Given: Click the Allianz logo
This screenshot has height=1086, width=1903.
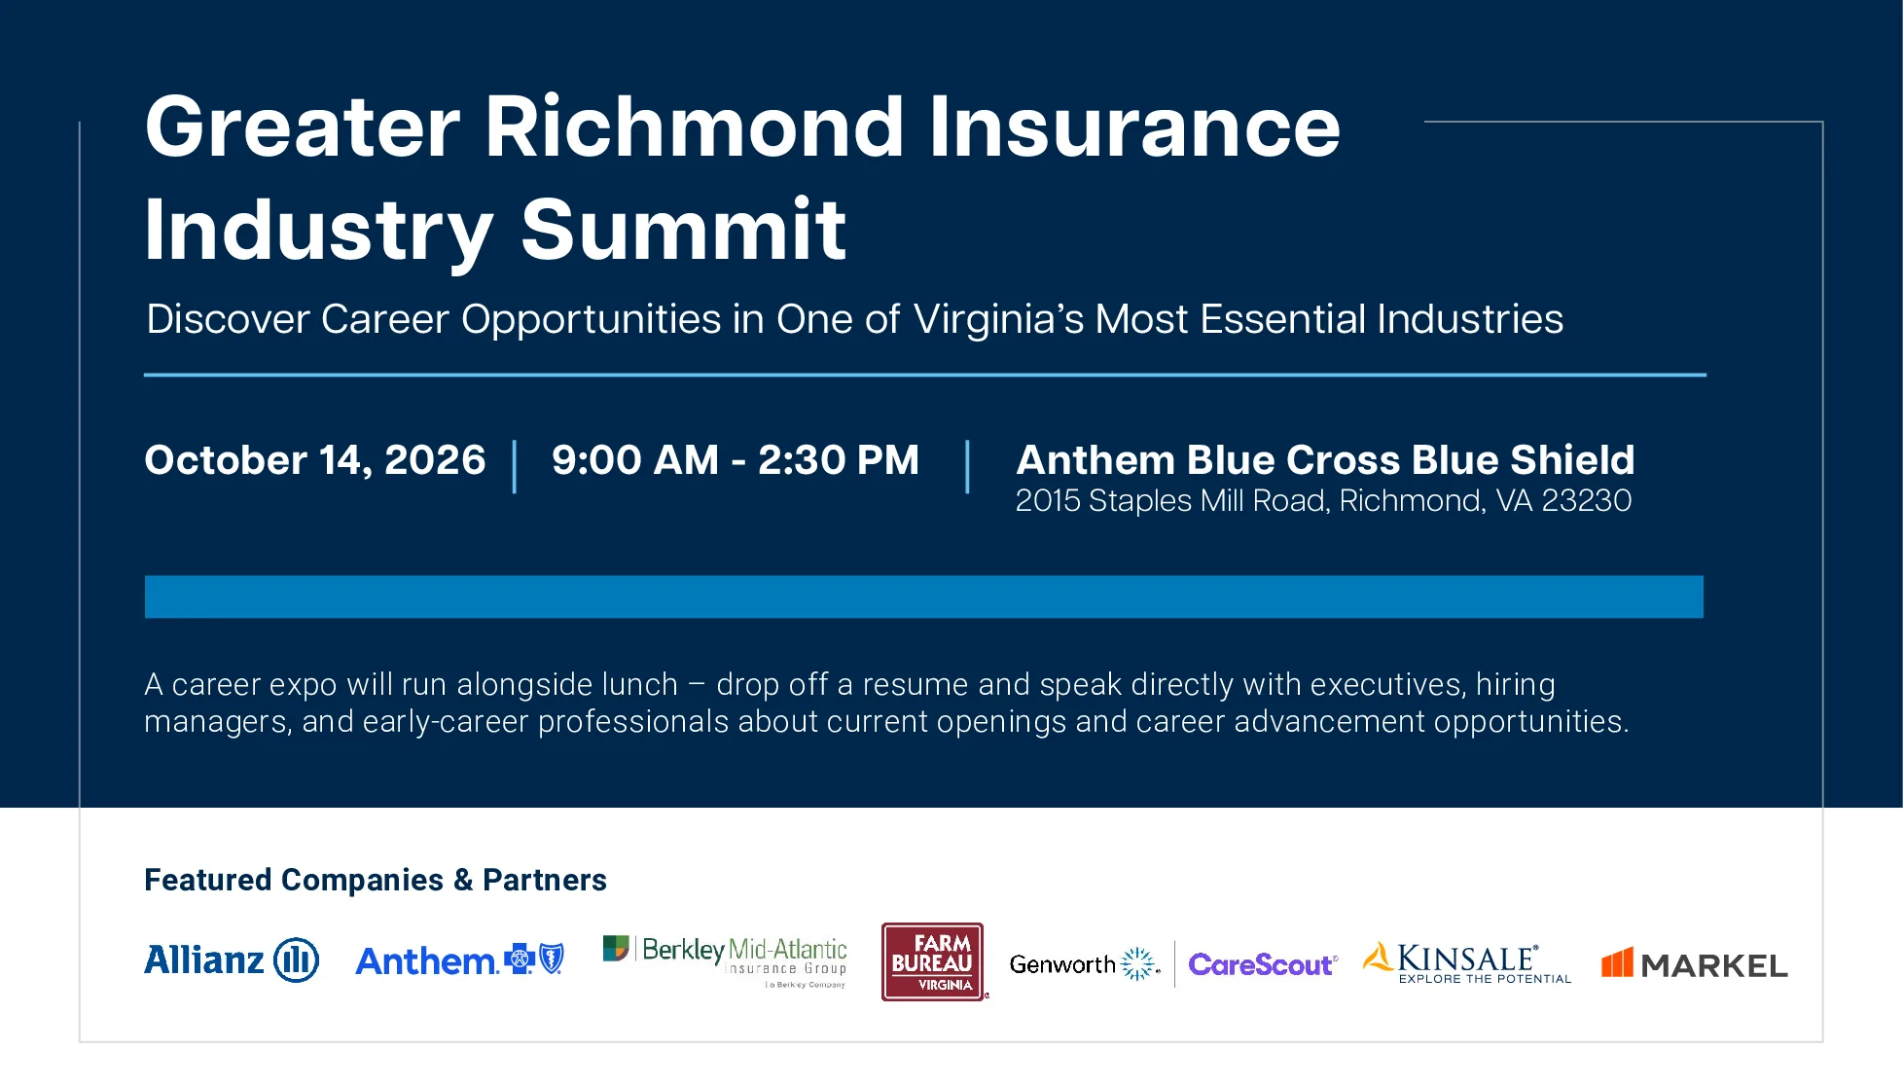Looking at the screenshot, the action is click(232, 960).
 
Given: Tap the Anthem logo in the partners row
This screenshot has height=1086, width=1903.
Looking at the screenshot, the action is click(459, 960).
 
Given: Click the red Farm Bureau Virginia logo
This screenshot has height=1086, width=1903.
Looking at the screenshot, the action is click(933, 961).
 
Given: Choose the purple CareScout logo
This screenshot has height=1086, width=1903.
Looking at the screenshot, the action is click(1262, 964).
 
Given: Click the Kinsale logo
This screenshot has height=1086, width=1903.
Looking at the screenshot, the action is click(1467, 963).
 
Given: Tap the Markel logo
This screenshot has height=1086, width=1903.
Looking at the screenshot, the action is click(1695, 963).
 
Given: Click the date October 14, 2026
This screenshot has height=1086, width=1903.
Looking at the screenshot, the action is click(315, 460).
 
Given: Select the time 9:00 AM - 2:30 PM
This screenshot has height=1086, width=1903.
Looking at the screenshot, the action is click(736, 460).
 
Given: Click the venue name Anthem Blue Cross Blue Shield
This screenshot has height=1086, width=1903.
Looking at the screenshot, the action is click(1325, 460).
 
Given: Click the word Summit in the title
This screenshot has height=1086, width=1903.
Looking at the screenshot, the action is click(683, 231).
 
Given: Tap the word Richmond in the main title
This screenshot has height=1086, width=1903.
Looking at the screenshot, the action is click(695, 127).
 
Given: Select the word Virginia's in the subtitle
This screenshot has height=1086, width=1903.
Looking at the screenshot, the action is click(998, 319).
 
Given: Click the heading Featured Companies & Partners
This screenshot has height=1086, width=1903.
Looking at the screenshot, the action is click(376, 880).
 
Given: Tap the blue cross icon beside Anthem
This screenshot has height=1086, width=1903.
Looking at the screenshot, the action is click(520, 959).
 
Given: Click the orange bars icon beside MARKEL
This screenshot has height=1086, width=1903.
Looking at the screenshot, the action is click(1618, 962).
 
